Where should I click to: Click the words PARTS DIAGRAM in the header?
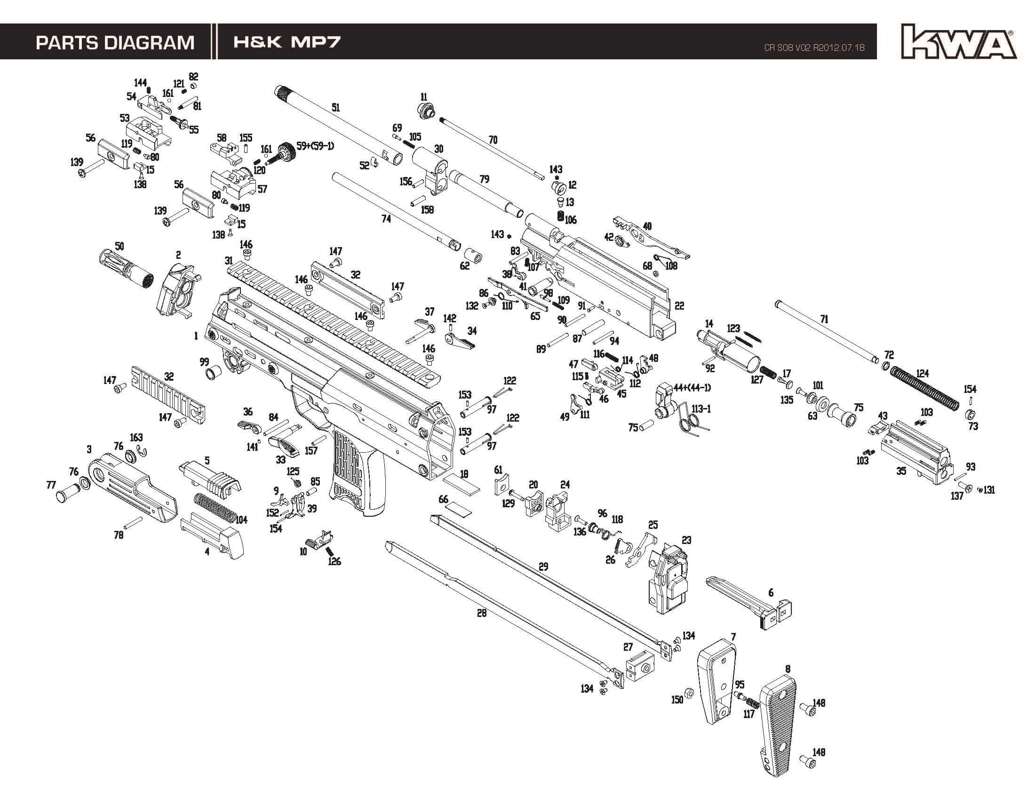coord(115,43)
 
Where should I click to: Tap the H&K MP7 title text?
coord(287,42)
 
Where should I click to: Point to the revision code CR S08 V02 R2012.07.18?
coord(814,48)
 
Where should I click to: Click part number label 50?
coord(119,247)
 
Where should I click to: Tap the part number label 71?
coord(824,320)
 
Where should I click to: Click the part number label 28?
coord(481,613)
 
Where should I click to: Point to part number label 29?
coord(543,566)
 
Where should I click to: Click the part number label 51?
coord(335,108)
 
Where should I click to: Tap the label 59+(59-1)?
coord(315,146)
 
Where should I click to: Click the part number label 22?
coord(679,306)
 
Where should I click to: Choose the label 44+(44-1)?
coord(692,388)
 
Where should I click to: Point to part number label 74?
coord(386,218)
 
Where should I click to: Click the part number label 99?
coord(204,362)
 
